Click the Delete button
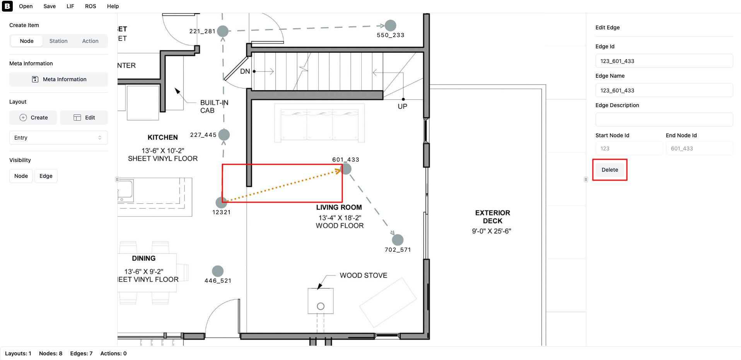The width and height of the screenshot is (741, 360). pyautogui.click(x=610, y=170)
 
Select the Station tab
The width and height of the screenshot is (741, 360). pyautogui.click(x=58, y=41)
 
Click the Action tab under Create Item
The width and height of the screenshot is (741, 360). pyautogui.click(x=90, y=41)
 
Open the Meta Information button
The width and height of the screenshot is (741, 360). pyautogui.click(x=58, y=79)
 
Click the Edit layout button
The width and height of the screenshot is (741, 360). pyautogui.click(x=84, y=118)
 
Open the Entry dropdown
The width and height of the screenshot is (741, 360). pyautogui.click(x=58, y=138)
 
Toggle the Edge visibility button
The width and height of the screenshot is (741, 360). pyautogui.click(x=46, y=176)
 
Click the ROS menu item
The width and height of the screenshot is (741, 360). pyautogui.click(x=90, y=6)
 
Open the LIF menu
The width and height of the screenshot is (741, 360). pyautogui.click(x=70, y=6)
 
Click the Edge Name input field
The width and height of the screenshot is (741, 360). pyautogui.click(x=664, y=90)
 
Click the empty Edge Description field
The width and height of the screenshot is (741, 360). pyautogui.click(x=664, y=119)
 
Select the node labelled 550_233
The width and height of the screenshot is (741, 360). pyautogui.click(x=391, y=26)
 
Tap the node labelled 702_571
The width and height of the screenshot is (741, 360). pyautogui.click(x=398, y=240)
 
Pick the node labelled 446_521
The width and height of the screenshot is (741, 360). pyautogui.click(x=218, y=271)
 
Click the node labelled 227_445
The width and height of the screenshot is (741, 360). pyautogui.click(x=224, y=135)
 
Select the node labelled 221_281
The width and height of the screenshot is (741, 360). pyautogui.click(x=223, y=31)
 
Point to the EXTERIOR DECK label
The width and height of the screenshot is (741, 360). pyautogui.click(x=492, y=217)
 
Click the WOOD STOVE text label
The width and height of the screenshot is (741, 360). pyautogui.click(x=364, y=275)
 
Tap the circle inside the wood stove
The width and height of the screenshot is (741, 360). pyautogui.click(x=321, y=306)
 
